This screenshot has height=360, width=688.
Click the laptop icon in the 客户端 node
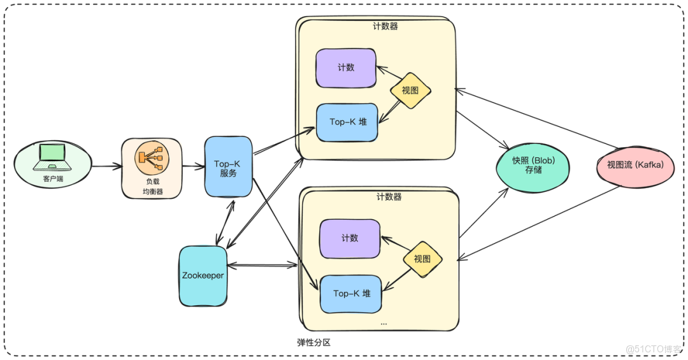coord(53,155)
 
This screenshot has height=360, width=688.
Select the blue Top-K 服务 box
coord(228,167)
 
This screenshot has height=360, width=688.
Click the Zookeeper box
coord(203,276)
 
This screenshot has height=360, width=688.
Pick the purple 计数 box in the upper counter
coord(346,68)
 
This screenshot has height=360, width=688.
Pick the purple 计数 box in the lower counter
coord(350,238)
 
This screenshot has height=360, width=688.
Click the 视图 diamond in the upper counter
coord(411,90)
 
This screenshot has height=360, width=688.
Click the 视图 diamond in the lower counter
coord(422,259)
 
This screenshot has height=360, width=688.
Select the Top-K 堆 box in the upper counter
coord(347,122)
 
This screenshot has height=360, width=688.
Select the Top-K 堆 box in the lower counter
coord(351,294)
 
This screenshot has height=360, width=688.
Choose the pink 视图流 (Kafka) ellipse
coord(635,165)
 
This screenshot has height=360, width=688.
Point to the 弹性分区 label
coord(314,343)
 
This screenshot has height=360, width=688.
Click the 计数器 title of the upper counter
coord(385,27)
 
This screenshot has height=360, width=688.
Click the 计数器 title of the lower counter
coord(389,197)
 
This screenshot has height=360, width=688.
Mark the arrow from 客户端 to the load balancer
coord(106,167)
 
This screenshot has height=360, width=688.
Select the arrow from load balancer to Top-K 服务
coord(193,167)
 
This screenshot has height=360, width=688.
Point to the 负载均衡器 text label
coord(152,186)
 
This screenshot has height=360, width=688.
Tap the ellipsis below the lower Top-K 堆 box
coord(383,323)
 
